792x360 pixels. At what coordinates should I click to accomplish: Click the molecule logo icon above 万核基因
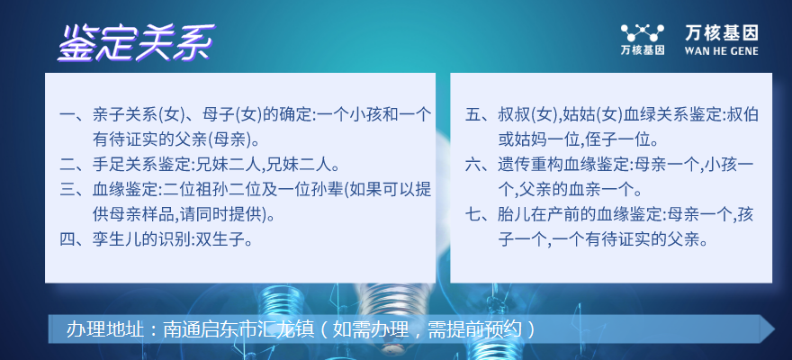(643, 33)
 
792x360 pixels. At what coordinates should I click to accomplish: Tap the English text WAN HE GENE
(721, 50)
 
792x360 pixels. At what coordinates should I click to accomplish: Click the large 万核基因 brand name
(721, 33)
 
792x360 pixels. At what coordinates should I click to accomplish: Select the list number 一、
(76, 115)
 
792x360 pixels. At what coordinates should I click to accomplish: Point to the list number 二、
(76, 165)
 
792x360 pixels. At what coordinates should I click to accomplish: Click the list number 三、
(76, 190)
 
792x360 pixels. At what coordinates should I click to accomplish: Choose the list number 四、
(76, 238)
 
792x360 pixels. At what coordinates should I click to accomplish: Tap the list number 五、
(481, 115)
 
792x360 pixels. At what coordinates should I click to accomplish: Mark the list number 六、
(481, 165)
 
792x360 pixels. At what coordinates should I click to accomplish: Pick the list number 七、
(481, 214)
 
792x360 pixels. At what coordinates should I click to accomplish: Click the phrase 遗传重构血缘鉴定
(562, 165)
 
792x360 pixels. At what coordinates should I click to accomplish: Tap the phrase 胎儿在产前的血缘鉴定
(579, 214)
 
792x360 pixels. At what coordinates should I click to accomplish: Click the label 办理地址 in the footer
(99, 329)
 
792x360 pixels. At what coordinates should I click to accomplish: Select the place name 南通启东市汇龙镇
(228, 329)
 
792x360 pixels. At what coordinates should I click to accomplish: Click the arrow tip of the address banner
(774, 329)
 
